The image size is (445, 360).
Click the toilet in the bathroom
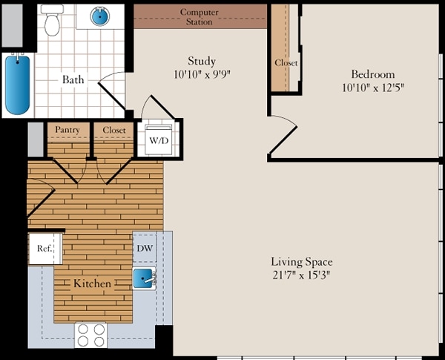pyautogui.click(x=52, y=20)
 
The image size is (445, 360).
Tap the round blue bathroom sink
pyautogui.click(x=100, y=16)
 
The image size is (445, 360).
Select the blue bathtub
pyautogui.click(x=18, y=85)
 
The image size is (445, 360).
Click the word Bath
pyautogui.click(x=73, y=79)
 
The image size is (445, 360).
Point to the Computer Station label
pyautogui.click(x=200, y=17)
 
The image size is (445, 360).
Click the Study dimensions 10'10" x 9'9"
pyautogui.click(x=202, y=74)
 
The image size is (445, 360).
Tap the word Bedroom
pyautogui.click(x=373, y=74)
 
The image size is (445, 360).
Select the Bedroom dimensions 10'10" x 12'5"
pyautogui.click(x=372, y=88)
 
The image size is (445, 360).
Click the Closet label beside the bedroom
pyautogui.click(x=286, y=62)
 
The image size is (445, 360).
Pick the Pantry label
pyautogui.click(x=67, y=130)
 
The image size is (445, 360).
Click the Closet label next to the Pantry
pyautogui.click(x=113, y=130)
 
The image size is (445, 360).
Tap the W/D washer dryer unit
pyautogui.click(x=159, y=140)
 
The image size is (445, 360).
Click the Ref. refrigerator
pyautogui.click(x=45, y=249)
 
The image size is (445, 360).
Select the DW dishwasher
pyautogui.click(x=145, y=249)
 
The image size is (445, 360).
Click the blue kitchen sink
pyautogui.click(x=144, y=278)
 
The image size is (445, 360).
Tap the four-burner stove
pyautogui.click(x=91, y=336)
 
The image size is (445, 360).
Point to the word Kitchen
pyautogui.click(x=92, y=284)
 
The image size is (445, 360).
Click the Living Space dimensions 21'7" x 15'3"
pyautogui.click(x=302, y=275)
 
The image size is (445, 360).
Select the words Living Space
pyautogui.click(x=302, y=262)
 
